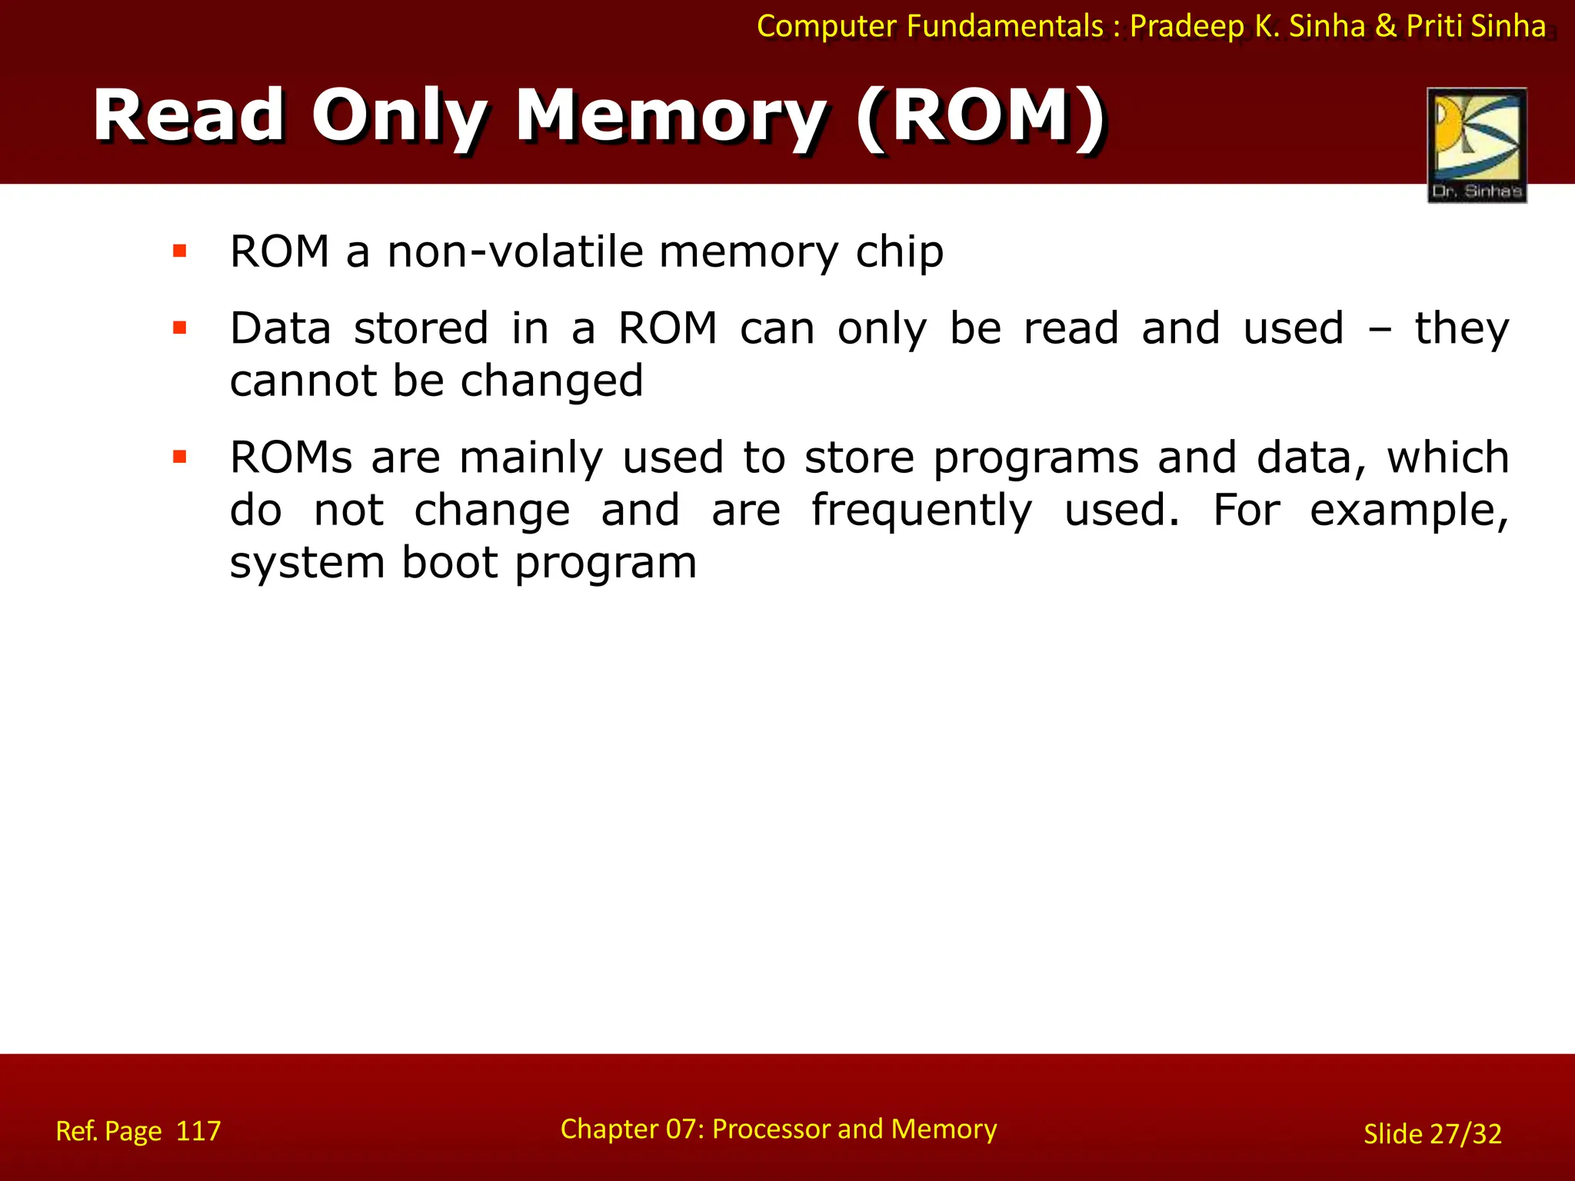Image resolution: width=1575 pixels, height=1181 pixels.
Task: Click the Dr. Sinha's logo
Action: (1477, 145)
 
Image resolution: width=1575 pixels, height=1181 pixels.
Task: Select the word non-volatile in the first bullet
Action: (515, 251)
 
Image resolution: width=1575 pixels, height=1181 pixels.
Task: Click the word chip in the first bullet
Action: (900, 253)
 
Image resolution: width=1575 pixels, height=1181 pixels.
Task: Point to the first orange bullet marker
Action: (180, 251)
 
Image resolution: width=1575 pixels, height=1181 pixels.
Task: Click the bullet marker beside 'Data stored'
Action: (180, 328)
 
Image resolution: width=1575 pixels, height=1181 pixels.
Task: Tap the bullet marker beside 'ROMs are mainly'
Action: (180, 457)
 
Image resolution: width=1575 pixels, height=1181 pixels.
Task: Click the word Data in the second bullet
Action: (281, 328)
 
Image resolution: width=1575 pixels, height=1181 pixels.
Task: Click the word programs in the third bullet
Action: (1036, 459)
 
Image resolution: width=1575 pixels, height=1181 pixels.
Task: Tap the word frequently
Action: (921, 511)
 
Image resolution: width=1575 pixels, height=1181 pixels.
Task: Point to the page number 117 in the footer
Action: (198, 1131)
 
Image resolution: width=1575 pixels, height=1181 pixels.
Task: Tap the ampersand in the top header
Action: (1386, 26)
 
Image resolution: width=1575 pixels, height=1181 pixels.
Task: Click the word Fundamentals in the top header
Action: (1005, 26)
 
